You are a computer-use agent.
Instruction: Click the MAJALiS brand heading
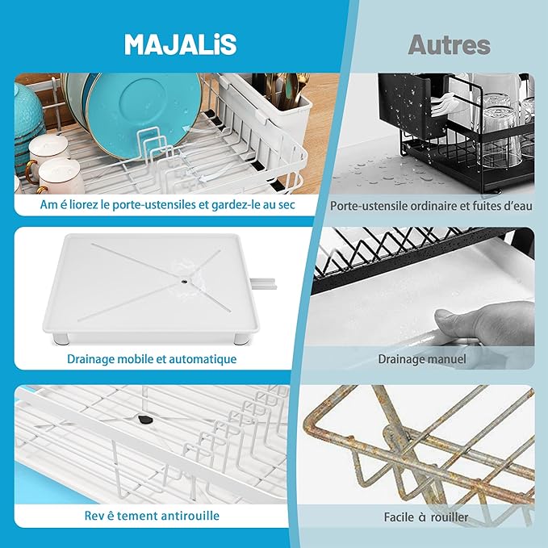click(x=180, y=44)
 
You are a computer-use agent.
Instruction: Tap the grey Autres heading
click(x=449, y=44)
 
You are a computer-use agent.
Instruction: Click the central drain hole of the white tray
click(x=183, y=279)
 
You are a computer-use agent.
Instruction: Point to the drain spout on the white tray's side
click(x=264, y=283)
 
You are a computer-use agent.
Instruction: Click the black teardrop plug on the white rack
click(x=144, y=419)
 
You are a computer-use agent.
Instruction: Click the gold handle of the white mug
click(x=30, y=170)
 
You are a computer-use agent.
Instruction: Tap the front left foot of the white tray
click(x=60, y=339)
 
